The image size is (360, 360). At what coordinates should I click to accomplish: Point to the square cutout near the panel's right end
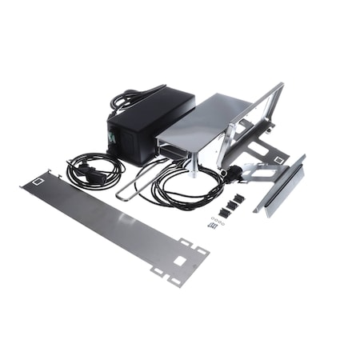180,261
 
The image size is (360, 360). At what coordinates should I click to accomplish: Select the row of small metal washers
218,218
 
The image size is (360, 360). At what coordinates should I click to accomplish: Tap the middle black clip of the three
229,203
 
